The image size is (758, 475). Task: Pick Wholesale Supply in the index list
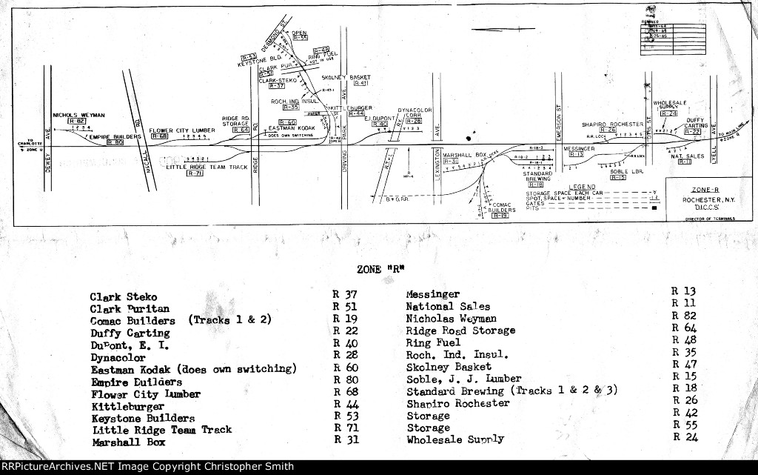tap(455, 439)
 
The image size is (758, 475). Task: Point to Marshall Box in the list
tap(128, 442)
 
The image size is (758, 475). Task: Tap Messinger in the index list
tap(432, 294)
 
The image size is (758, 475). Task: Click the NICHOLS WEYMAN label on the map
tap(79, 116)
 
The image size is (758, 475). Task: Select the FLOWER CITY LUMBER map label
tap(182, 130)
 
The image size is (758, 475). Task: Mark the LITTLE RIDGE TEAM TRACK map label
tap(207, 167)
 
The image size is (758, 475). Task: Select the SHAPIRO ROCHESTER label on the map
tap(612, 124)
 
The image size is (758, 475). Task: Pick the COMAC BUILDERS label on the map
tap(503, 207)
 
